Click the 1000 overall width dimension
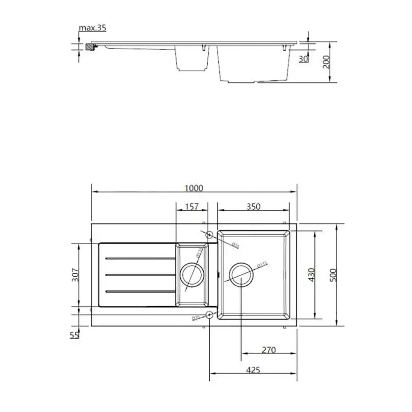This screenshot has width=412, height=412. (x=194, y=188)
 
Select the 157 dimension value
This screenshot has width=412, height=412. (x=192, y=206)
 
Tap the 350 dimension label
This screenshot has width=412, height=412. (x=253, y=206)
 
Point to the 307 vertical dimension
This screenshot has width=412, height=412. (x=75, y=275)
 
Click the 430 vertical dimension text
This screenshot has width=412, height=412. (x=311, y=275)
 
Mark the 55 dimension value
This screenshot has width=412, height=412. (x=74, y=335)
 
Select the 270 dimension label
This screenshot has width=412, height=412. (x=268, y=350)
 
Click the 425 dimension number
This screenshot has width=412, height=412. (x=253, y=370)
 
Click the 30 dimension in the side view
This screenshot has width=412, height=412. (x=303, y=59)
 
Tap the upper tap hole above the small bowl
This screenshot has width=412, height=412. (x=209, y=235)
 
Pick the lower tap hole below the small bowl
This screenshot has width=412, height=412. (x=209, y=316)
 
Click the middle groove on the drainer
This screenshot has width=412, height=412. (x=140, y=275)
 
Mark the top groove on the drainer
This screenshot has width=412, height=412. (x=140, y=258)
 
